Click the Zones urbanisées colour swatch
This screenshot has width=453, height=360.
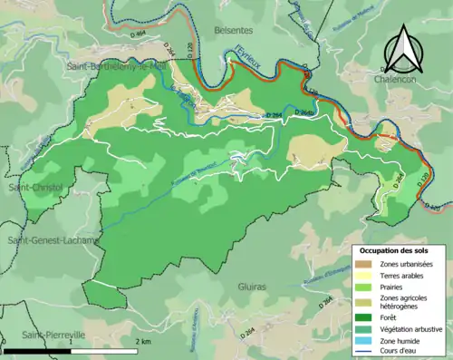[367, 263]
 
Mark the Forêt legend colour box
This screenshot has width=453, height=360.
[367, 317]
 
